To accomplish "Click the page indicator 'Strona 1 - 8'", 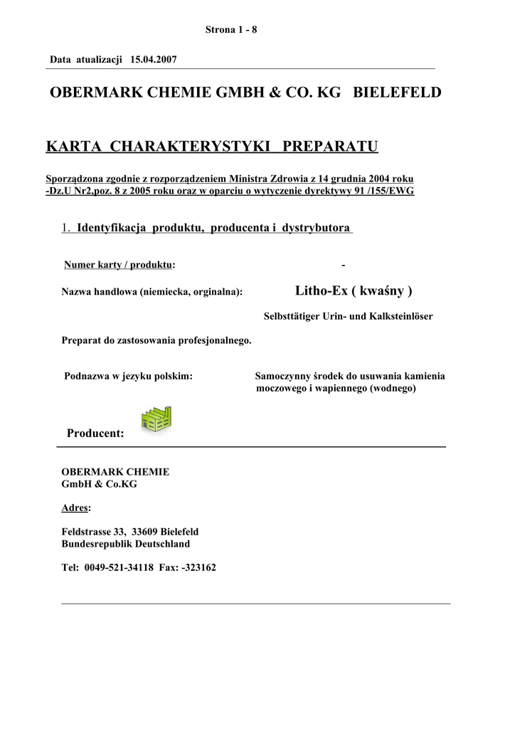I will click(x=230, y=30).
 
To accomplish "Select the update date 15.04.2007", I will click(x=153, y=60).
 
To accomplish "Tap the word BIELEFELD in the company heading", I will click(x=397, y=93).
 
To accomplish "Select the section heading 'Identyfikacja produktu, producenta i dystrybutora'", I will click(x=214, y=228).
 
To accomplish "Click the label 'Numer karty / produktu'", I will click(x=119, y=265).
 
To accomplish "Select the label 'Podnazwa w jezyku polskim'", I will click(x=129, y=376).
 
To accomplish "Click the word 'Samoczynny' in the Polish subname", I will click(x=280, y=376).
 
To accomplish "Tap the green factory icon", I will click(x=156, y=419).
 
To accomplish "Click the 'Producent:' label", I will click(x=95, y=433).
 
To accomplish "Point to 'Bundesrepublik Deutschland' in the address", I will click(x=126, y=544).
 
